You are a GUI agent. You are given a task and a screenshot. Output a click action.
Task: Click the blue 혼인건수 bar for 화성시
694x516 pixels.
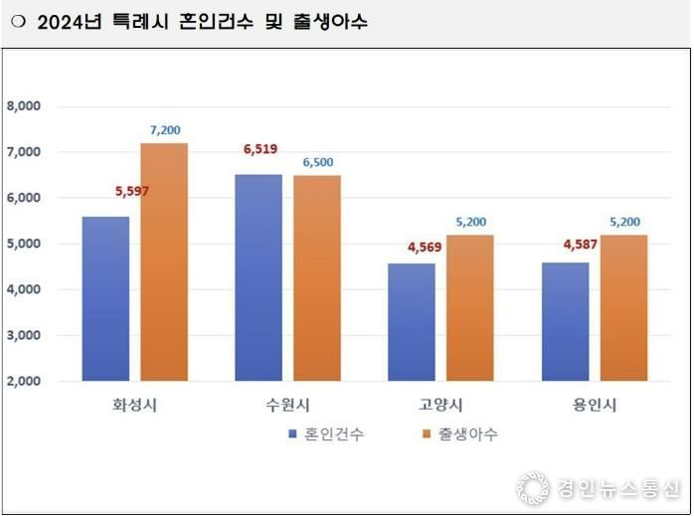click(x=105, y=298)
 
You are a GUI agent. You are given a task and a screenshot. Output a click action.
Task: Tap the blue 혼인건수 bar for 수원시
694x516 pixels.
click(x=259, y=277)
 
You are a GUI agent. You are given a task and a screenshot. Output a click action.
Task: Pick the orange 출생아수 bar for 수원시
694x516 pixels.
click(x=317, y=277)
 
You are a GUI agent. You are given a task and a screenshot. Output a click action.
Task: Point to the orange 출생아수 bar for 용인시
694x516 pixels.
click(x=623, y=307)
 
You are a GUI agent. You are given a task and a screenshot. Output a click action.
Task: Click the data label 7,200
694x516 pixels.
click(x=165, y=130)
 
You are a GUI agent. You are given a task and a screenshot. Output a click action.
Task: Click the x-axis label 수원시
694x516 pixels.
click(x=288, y=405)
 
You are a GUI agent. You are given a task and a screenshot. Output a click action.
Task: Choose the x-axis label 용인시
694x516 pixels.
click(x=595, y=405)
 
